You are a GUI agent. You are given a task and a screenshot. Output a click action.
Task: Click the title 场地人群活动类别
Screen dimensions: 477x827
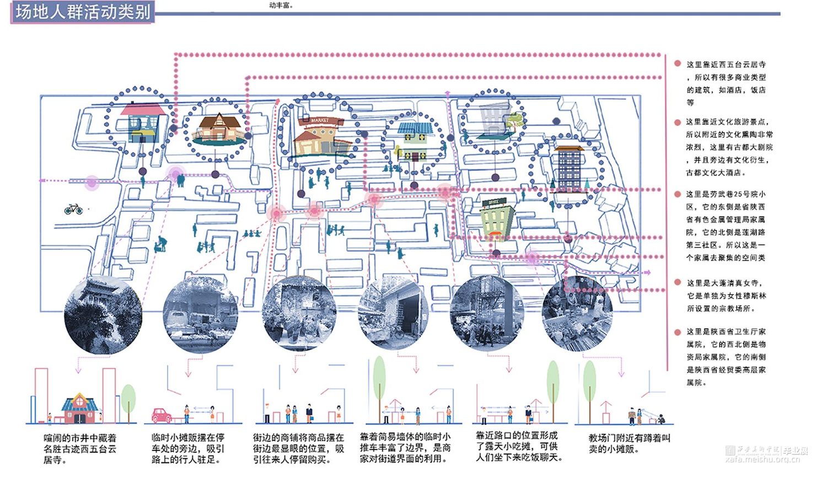point(83,12)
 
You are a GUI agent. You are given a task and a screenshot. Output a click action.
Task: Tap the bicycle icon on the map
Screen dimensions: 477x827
point(73,209)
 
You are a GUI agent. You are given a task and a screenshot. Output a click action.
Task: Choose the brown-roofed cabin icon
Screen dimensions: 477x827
point(217,127)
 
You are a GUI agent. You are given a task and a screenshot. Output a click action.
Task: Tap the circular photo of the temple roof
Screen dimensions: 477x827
point(103,315)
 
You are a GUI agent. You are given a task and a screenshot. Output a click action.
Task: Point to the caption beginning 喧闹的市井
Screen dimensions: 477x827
point(80,448)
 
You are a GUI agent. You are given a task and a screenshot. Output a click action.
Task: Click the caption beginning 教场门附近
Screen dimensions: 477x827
point(629,443)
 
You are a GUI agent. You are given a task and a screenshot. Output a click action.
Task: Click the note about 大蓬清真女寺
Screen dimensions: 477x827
point(726,296)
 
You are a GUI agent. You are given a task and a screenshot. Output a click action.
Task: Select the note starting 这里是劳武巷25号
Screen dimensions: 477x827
point(726,226)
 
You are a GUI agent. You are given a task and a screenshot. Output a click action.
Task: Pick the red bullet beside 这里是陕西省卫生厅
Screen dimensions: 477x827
point(678,332)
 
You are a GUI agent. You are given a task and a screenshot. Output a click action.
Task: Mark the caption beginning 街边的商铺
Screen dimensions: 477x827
point(298,448)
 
